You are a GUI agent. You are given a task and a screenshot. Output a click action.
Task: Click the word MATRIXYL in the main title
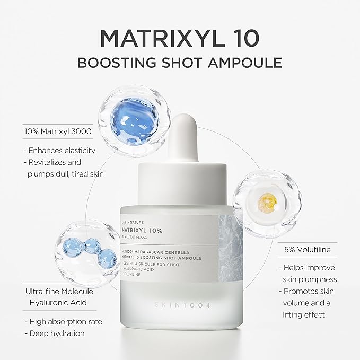(154, 39)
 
